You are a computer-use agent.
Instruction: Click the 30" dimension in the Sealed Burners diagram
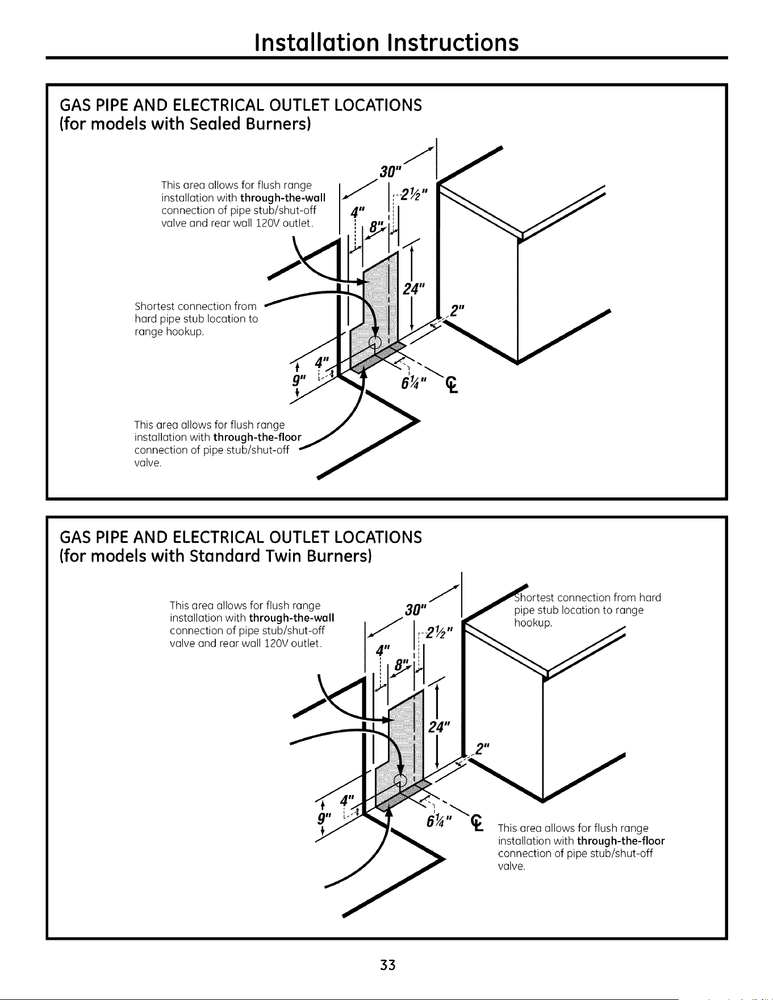click(x=391, y=170)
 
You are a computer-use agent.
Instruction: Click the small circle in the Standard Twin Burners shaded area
click(x=400, y=779)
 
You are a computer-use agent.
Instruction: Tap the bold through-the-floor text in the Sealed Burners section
click(x=257, y=437)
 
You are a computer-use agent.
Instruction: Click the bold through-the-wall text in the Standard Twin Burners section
click(x=291, y=617)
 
